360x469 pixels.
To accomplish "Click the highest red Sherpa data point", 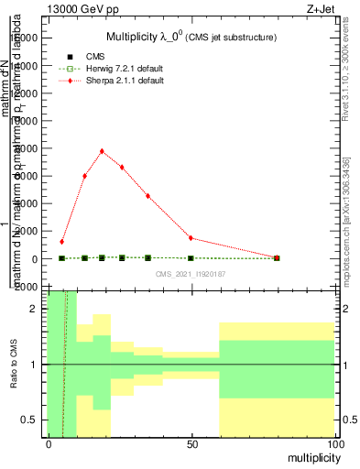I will click(x=102, y=151).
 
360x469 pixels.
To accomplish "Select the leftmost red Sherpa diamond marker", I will click(x=61, y=242).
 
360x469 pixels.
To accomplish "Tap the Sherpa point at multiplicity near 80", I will click(x=277, y=257).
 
